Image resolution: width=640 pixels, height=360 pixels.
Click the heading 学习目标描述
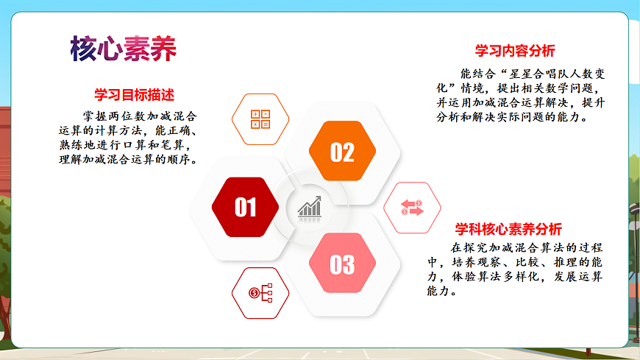[x=134, y=95]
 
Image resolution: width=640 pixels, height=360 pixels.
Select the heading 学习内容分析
[x=515, y=51]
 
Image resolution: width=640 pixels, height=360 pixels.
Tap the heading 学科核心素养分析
[x=508, y=229]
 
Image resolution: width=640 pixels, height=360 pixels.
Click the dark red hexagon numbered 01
[x=245, y=208]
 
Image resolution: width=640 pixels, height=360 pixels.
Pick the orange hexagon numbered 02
[x=342, y=152]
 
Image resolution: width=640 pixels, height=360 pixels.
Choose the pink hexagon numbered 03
[x=342, y=264]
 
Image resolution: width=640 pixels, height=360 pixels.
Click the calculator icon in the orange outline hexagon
[x=260, y=119]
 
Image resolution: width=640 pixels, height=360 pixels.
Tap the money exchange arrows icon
[x=412, y=208]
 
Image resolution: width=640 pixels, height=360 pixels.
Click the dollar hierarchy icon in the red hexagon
[x=260, y=293]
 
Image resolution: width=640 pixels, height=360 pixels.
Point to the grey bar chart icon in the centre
[x=309, y=207]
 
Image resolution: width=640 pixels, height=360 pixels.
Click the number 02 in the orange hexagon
[x=342, y=152]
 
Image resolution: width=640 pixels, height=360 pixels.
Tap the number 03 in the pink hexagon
[x=342, y=264]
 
